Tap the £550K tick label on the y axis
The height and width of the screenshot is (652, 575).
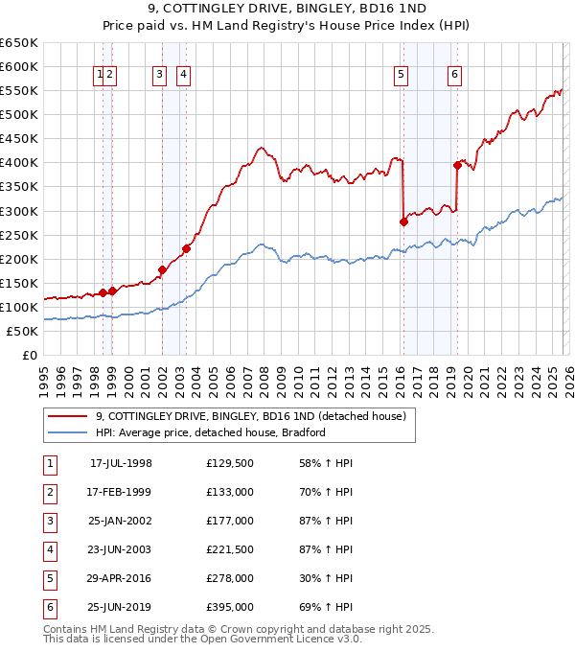pyautogui.click(x=18, y=90)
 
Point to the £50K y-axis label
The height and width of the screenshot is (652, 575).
pyautogui.click(x=22, y=331)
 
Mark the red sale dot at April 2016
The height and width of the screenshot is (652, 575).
pyautogui.click(x=403, y=221)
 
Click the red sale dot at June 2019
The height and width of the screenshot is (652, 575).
pyautogui.click(x=457, y=165)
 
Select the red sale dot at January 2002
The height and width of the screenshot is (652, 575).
pyautogui.click(x=162, y=269)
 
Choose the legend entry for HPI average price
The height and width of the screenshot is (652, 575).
pyautogui.click(x=210, y=432)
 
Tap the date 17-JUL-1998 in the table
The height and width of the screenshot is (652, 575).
pyautogui.click(x=121, y=463)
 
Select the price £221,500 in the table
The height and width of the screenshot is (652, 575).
pyautogui.click(x=229, y=549)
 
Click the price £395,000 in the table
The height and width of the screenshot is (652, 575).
pyautogui.click(x=229, y=607)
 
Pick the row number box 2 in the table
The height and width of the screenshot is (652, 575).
pyautogui.click(x=49, y=492)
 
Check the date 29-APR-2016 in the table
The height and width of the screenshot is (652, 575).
pyautogui.click(x=120, y=578)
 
